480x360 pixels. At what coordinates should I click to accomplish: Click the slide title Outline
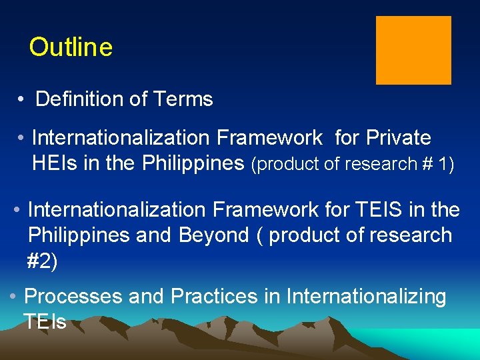click(x=71, y=47)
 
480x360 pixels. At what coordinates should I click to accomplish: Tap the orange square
click(x=413, y=51)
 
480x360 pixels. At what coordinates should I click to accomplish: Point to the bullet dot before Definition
click(x=22, y=100)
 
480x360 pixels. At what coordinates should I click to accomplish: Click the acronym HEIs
click(x=55, y=163)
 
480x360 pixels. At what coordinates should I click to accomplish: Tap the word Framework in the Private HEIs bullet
click(x=269, y=138)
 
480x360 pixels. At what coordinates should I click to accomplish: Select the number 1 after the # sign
click(x=447, y=164)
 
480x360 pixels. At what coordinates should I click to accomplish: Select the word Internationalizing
click(x=366, y=296)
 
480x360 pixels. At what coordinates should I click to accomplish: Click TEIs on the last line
click(x=45, y=322)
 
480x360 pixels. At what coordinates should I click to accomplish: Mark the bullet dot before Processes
click(x=13, y=296)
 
